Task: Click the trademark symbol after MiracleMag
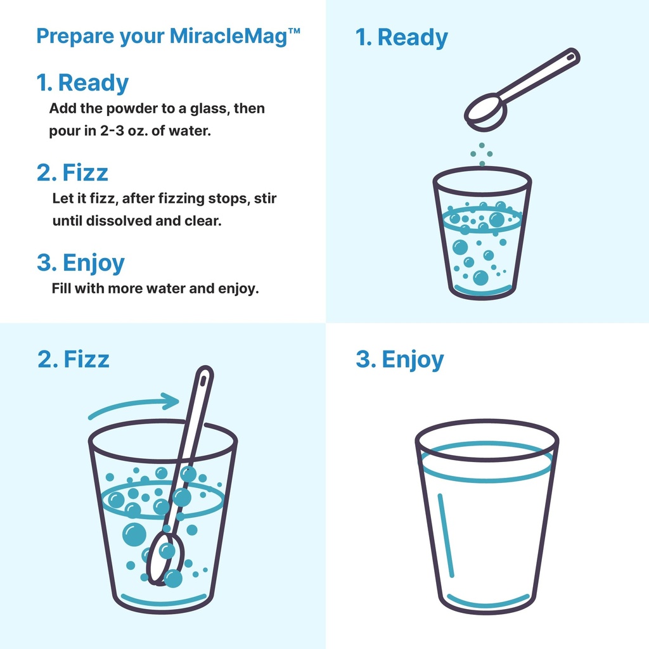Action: coord(294,31)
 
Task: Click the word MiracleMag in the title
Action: coord(228,36)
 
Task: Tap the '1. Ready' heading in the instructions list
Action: coord(82,82)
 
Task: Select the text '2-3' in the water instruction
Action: coord(112,131)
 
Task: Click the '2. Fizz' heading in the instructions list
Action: coord(72,172)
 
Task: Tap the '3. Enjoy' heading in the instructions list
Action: coord(80,263)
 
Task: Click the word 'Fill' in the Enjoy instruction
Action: coord(61,288)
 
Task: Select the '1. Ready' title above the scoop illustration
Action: coord(401,37)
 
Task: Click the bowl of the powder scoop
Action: coord(485,113)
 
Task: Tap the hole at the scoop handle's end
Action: coord(571,56)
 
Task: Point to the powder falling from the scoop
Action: coord(482,155)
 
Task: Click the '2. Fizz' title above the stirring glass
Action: coord(74,359)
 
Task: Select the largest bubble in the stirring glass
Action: coord(134,534)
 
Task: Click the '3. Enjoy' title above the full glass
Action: coord(400,360)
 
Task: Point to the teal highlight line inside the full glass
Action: coord(446,535)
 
